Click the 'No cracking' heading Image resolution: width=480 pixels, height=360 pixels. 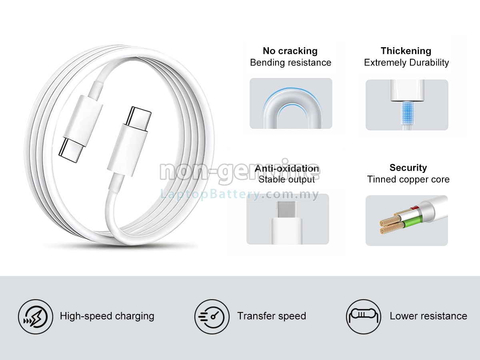[x=290, y=51]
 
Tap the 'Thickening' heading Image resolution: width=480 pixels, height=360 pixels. [x=406, y=51]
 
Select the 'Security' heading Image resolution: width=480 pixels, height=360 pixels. [x=408, y=168]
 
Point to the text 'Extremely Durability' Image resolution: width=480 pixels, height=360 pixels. [x=406, y=62]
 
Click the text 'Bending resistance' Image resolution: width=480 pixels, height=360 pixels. [x=290, y=62]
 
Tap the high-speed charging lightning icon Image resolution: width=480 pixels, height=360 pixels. [x=35, y=316]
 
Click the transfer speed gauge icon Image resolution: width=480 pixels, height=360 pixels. [x=212, y=316]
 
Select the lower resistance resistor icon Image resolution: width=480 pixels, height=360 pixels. [x=363, y=316]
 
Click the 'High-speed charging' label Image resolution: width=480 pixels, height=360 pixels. [x=107, y=316]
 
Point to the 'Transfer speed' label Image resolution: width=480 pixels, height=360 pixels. [x=272, y=316]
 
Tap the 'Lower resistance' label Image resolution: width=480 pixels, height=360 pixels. [x=428, y=316]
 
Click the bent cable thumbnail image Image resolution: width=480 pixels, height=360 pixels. [x=291, y=104]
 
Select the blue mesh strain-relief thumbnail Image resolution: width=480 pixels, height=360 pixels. [x=407, y=105]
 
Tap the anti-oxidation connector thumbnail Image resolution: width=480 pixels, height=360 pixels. [x=288, y=219]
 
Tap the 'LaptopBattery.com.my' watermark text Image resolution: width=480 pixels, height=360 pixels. [x=240, y=195]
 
